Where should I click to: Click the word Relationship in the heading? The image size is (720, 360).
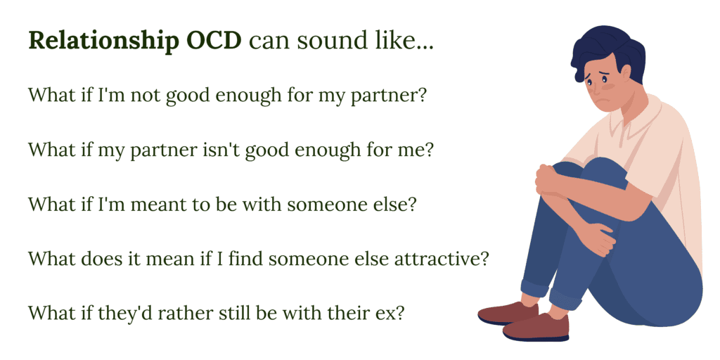104,41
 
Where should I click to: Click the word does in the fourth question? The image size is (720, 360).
100,258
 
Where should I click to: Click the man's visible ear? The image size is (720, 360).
625,74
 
